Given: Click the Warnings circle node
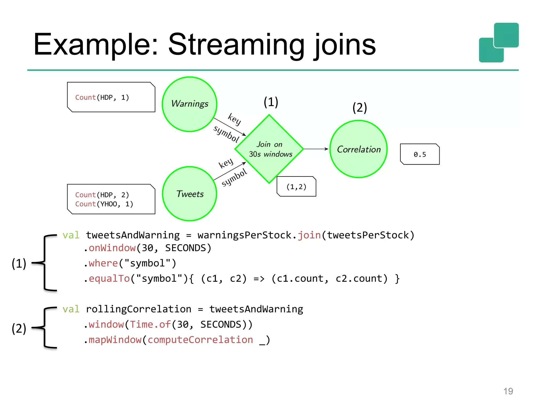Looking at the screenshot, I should click(x=190, y=104).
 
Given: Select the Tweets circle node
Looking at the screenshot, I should click(x=190, y=194).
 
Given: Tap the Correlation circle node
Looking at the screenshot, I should click(x=359, y=149).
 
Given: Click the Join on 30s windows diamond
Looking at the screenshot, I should click(x=269, y=149).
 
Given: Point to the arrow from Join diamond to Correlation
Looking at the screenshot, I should click(x=316, y=149).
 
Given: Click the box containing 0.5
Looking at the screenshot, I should click(x=420, y=154).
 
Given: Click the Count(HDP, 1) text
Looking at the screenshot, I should click(x=102, y=97).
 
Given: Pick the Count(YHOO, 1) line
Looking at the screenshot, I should click(x=104, y=204).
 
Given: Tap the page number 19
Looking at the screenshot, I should click(x=508, y=391).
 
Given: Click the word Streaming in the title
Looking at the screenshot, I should click(x=236, y=45).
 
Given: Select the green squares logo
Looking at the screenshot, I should click(x=499, y=43).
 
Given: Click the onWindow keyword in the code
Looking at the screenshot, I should click(x=112, y=248).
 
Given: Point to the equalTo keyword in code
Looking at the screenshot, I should click(x=109, y=279).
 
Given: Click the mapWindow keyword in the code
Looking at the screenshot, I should click(x=115, y=340).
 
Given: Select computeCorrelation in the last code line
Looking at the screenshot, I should click(x=200, y=340).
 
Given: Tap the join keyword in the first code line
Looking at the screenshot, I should click(x=309, y=235).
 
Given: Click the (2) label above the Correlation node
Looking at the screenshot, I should click(x=360, y=108).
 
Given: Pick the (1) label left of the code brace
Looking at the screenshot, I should click(x=19, y=263).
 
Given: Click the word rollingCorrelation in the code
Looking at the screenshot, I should click(x=139, y=309).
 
